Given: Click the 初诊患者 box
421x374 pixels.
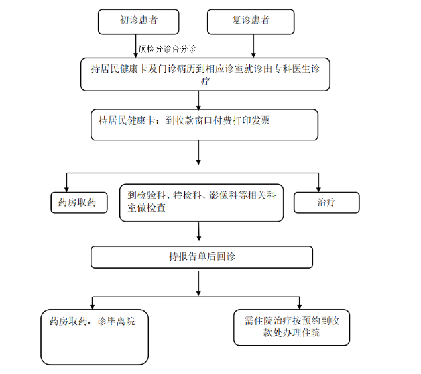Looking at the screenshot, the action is click(138, 21).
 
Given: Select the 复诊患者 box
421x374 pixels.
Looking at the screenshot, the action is click(251, 21).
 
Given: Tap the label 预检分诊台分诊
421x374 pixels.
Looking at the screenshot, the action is click(167, 49).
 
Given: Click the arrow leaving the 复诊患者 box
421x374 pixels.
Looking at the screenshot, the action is click(253, 46).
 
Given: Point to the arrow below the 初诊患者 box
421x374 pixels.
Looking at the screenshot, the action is click(135, 46).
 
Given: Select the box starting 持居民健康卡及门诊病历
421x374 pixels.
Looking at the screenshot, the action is click(205, 75).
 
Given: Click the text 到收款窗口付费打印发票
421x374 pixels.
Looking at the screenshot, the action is click(218, 120).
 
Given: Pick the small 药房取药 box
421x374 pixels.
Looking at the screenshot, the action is click(79, 203).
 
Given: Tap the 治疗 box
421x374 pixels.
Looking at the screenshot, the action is click(326, 203).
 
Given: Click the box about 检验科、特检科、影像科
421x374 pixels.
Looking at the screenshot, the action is click(201, 203).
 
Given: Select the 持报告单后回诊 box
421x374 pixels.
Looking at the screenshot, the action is click(202, 257).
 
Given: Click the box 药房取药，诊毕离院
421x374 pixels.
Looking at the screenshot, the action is click(95, 337).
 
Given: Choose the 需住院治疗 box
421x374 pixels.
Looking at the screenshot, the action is click(292, 327).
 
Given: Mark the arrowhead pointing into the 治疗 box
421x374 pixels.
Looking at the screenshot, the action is click(318, 190).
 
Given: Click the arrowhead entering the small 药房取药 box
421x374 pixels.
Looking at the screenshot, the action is click(66, 190).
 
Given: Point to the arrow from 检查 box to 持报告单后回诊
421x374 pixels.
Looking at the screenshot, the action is click(198, 231).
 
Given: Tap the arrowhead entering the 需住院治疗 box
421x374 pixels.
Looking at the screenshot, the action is click(300, 307).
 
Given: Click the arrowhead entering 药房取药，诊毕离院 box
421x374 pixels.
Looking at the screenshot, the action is click(92, 307).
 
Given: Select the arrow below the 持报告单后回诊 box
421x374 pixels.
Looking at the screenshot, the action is click(198, 283).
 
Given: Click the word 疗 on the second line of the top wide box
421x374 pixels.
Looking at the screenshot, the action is click(205, 81).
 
